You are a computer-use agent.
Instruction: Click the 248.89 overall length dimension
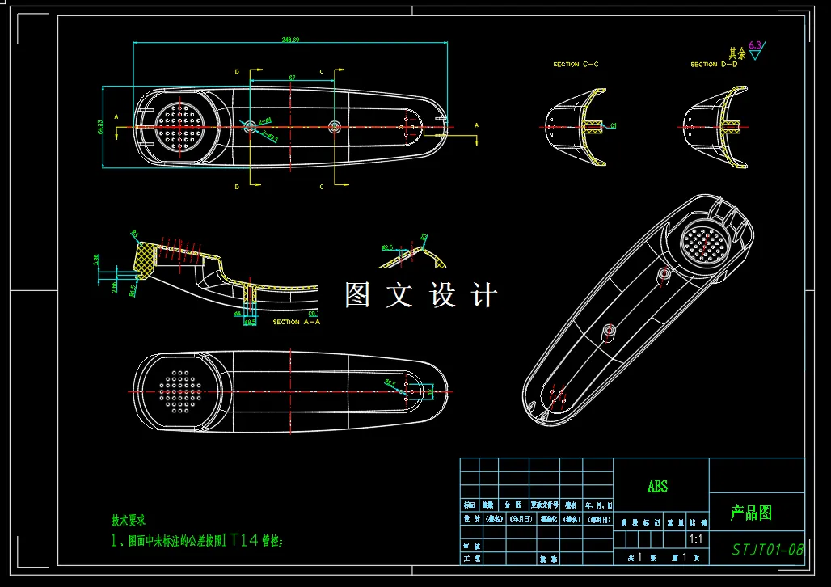(x=290, y=39)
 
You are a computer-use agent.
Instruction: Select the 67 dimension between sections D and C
(x=291, y=78)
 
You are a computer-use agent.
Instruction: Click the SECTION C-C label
(x=576, y=64)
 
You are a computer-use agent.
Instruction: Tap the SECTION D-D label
(x=714, y=64)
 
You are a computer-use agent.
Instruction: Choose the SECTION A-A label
(x=296, y=322)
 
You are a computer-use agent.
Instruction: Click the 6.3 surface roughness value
(x=755, y=45)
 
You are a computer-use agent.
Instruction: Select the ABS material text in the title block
(x=657, y=487)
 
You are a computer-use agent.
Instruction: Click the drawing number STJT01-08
(x=767, y=550)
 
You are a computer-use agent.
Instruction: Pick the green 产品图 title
(x=751, y=513)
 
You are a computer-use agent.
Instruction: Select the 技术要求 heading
(x=128, y=522)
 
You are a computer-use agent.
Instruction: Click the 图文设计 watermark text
(x=420, y=295)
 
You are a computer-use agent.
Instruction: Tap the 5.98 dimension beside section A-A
(x=97, y=260)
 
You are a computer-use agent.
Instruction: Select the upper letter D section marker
(x=237, y=72)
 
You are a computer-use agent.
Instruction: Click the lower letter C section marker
(x=321, y=187)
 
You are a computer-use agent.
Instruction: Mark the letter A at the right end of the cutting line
(x=476, y=125)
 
